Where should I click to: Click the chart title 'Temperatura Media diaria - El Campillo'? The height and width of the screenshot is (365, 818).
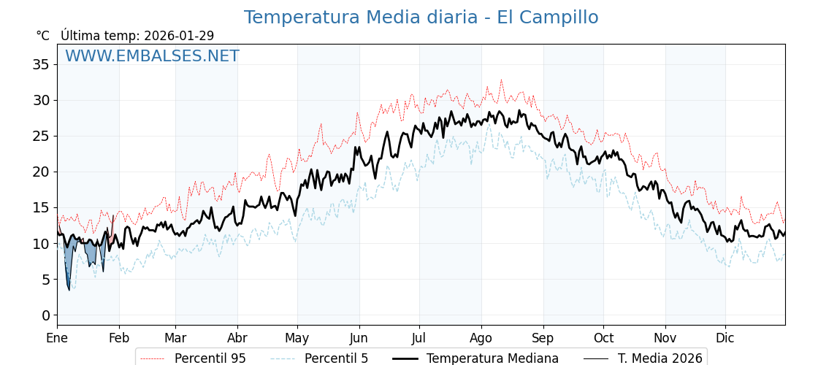click(421, 18)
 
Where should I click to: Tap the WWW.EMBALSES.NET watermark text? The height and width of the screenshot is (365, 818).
click(152, 56)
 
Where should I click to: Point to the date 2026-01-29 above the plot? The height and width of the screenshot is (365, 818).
click(179, 36)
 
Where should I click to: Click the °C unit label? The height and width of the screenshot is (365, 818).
click(43, 36)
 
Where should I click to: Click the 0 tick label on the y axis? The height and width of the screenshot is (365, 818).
click(46, 315)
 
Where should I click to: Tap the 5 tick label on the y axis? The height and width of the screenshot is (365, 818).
click(46, 280)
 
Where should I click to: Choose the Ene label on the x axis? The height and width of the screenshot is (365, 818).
click(57, 338)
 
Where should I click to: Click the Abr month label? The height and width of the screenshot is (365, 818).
click(237, 338)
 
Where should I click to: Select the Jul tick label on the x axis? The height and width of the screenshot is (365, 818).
click(419, 338)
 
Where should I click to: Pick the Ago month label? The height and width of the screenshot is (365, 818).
click(481, 338)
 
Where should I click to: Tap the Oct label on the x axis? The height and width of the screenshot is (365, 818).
click(603, 338)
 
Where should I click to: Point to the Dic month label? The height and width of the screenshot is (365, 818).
click(725, 338)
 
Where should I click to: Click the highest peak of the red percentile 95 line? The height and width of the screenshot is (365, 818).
click(501, 80)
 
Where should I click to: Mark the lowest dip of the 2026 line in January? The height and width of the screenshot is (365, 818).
click(69, 290)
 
